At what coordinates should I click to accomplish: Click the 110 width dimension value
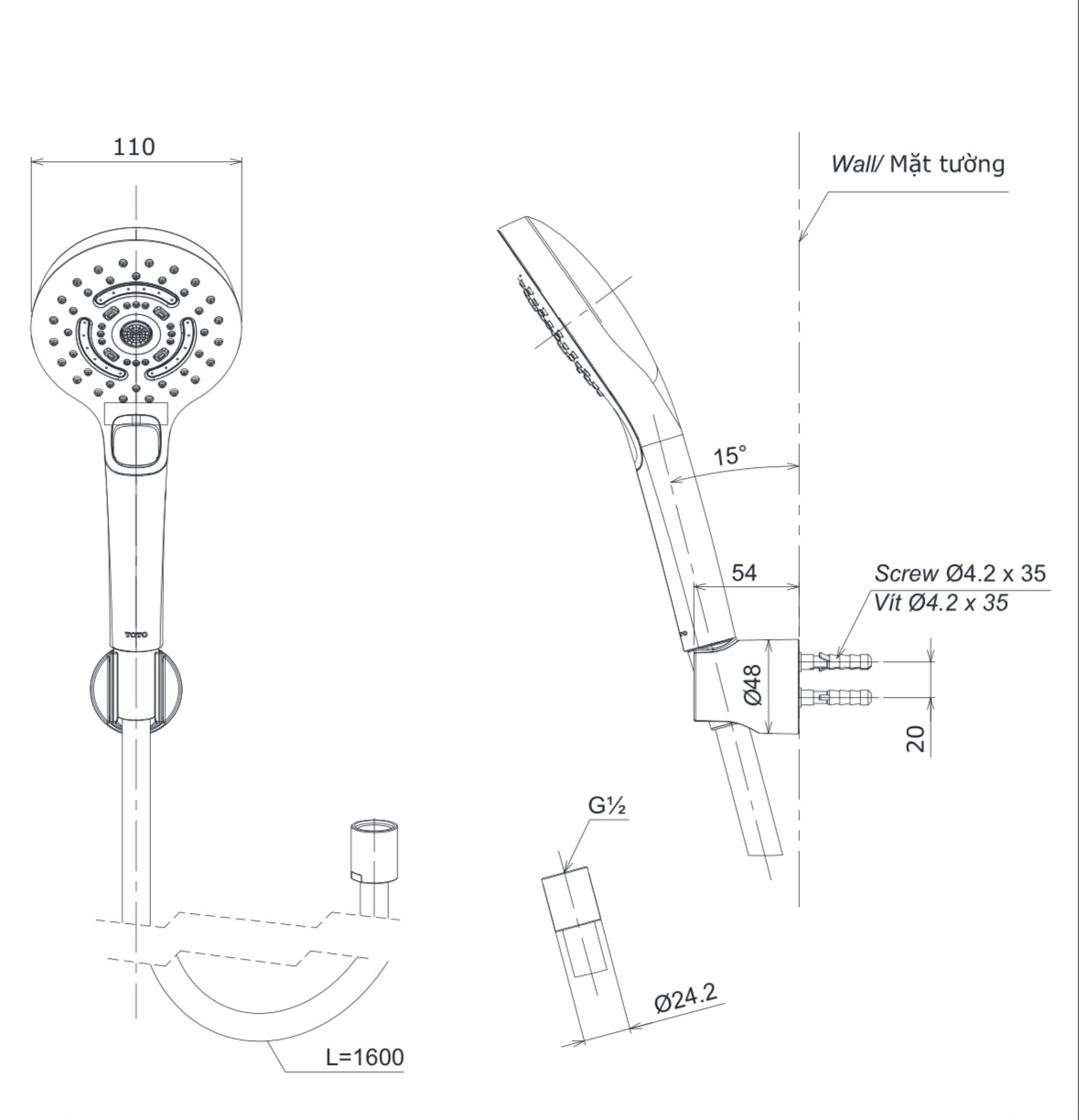(x=135, y=147)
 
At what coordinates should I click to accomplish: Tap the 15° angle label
(x=729, y=455)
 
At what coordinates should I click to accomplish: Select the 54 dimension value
(x=744, y=572)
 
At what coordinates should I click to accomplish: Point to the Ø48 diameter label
(x=753, y=684)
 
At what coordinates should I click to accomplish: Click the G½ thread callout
(x=607, y=806)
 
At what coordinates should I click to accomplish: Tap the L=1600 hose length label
(x=364, y=1057)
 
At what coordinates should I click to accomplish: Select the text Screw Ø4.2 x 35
(x=959, y=573)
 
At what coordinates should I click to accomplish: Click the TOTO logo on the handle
(x=136, y=635)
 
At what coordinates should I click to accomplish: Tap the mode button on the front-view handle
(x=136, y=444)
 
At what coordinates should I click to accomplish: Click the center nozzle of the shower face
(x=136, y=334)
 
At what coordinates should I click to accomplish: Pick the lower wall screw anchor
(x=837, y=699)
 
